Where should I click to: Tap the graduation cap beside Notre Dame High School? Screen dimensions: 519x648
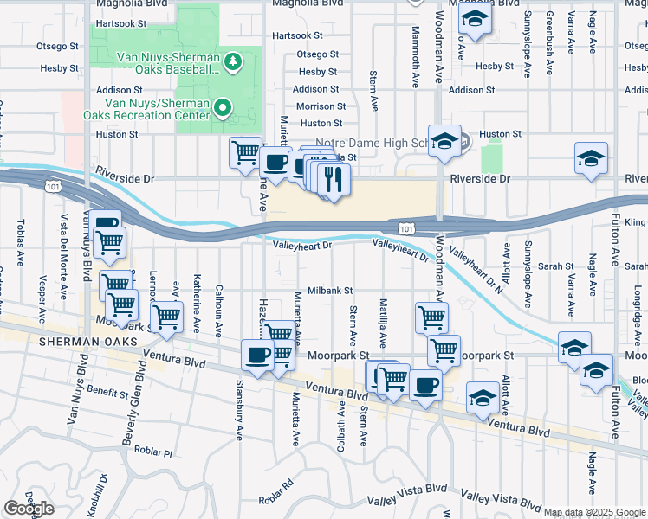tap(444, 142)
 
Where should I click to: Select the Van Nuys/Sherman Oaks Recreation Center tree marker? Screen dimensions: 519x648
tap(223, 108)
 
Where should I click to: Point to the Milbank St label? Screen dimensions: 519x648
tap(330, 291)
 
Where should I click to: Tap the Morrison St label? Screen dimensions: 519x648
tap(321, 106)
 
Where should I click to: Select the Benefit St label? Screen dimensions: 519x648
tap(108, 392)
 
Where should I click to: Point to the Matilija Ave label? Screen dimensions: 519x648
tap(382, 318)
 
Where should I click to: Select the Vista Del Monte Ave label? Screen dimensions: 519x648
tap(63, 244)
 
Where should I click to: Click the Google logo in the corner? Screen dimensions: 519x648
tap(29, 509)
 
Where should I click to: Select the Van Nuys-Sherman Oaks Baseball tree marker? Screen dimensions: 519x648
tap(231, 61)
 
